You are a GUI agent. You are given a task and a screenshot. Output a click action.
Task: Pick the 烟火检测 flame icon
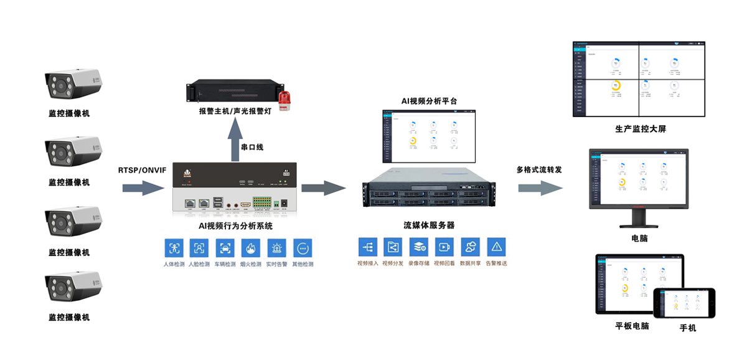pyautogui.click(x=250, y=248)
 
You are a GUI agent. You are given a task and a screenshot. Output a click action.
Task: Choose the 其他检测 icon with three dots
pyautogui.click(x=302, y=248)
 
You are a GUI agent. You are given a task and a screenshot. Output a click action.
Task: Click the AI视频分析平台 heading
pyautogui.click(x=429, y=100)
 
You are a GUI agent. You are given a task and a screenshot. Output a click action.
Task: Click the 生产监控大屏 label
pyautogui.click(x=640, y=130)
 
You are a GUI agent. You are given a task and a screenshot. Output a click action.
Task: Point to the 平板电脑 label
pyautogui.click(x=632, y=326)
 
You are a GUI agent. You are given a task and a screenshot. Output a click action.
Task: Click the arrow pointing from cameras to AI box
pyautogui.click(x=143, y=187)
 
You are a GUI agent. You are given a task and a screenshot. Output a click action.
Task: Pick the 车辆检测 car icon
pyautogui.click(x=225, y=248)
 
